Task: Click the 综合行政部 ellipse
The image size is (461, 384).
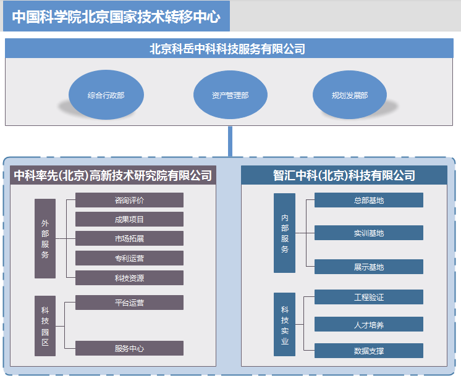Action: click(x=106, y=94)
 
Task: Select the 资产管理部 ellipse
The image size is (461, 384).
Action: click(x=230, y=94)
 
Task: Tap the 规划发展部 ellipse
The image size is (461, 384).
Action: click(x=350, y=94)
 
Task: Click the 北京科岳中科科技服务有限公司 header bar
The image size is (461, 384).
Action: click(x=229, y=49)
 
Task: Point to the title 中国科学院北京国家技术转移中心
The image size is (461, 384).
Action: click(x=116, y=17)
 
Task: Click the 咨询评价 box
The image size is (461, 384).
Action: click(x=129, y=200)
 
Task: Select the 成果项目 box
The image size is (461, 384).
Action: click(x=129, y=219)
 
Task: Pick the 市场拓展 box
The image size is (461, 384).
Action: click(x=129, y=238)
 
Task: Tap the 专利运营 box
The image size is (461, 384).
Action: click(x=129, y=258)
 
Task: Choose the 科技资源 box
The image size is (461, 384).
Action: click(x=129, y=278)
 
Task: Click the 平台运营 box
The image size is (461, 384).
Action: click(x=129, y=303)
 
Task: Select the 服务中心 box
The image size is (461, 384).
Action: click(x=129, y=348)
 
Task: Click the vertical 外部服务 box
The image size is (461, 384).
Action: click(x=45, y=238)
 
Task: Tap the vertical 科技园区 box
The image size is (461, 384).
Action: click(x=45, y=326)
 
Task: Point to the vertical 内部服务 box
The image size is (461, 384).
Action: click(x=284, y=233)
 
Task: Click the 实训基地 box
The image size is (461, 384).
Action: click(x=369, y=233)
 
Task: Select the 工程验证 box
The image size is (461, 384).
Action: click(x=369, y=297)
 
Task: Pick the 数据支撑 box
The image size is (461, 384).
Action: click(x=369, y=351)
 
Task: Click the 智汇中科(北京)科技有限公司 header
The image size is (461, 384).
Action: click(x=344, y=175)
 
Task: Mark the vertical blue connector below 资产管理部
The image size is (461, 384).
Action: click(x=230, y=141)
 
